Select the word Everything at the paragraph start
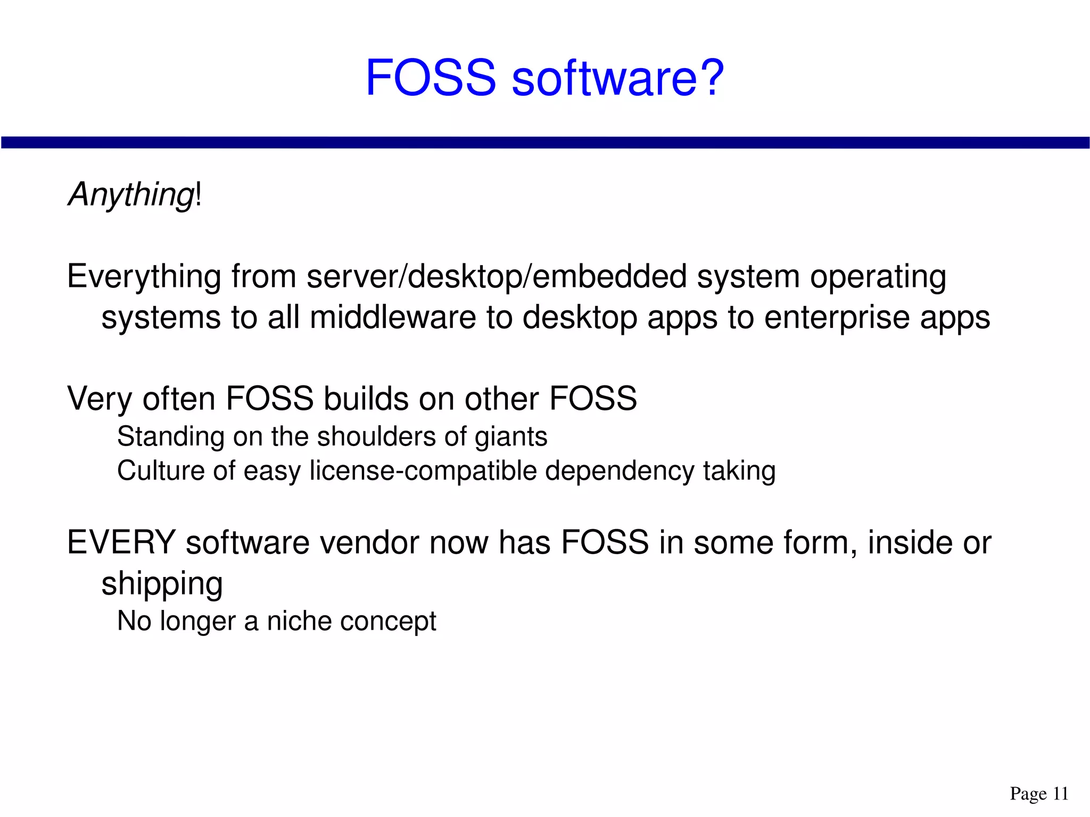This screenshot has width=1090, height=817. coord(144,278)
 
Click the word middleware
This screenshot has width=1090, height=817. coord(393,318)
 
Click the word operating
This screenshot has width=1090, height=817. coord(878,278)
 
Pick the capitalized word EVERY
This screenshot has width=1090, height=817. coord(121,543)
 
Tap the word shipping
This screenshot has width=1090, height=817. coord(162,584)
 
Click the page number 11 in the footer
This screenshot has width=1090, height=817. coord(1060,794)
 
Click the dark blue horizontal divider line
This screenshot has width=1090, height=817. coord(545,142)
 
